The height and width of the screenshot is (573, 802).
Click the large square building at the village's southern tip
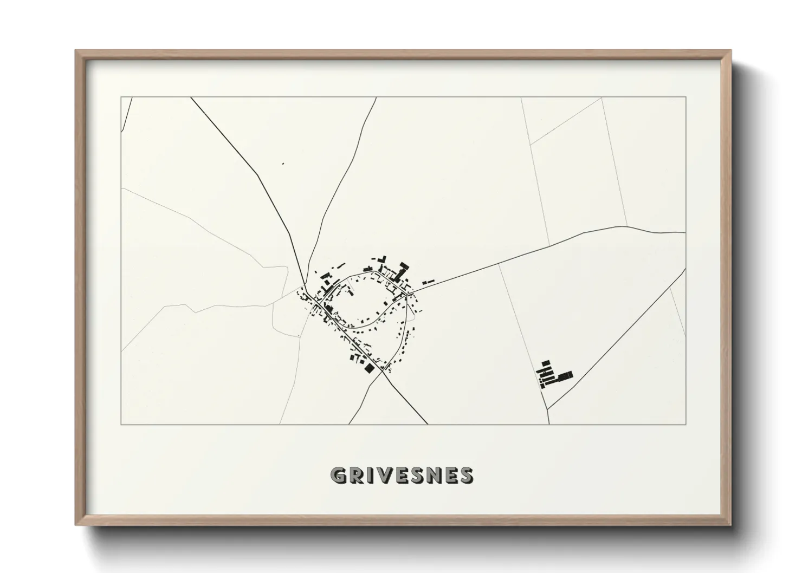click(x=370, y=368)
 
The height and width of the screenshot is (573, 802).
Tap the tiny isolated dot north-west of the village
click(x=283, y=163)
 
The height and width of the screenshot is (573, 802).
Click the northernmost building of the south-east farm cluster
click(x=546, y=362)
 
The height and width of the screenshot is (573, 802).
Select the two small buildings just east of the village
click(x=428, y=282)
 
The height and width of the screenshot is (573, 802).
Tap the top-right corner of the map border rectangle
click(x=685, y=97)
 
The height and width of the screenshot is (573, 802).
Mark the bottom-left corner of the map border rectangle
click(x=121, y=424)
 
